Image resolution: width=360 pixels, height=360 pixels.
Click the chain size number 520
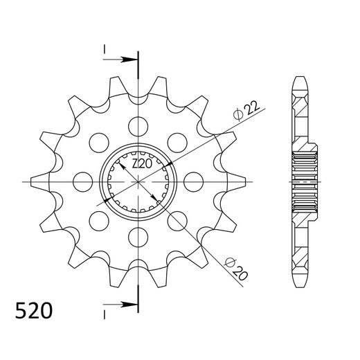tap(33, 309)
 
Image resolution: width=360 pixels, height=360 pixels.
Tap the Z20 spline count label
tap(142, 165)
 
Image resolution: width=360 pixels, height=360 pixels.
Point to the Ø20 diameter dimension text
tap(235, 267)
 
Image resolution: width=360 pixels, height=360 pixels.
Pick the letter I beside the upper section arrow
tap(105, 50)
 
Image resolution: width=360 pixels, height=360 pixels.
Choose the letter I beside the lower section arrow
tap(105, 314)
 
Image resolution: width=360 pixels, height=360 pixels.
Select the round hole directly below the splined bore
tap(139, 238)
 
